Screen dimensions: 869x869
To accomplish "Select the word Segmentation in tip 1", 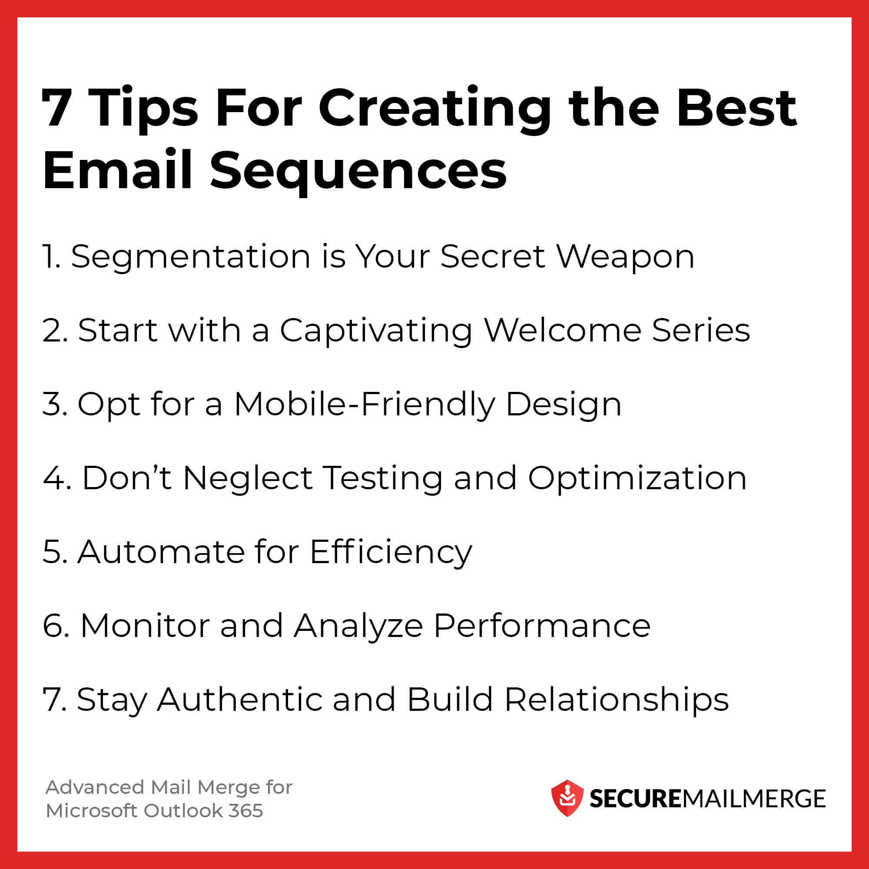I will (x=191, y=257).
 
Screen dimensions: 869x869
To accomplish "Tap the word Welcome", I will (x=563, y=331).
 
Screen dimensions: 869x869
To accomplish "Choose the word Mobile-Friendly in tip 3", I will (x=365, y=405).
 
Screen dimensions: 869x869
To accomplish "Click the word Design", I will (x=564, y=405).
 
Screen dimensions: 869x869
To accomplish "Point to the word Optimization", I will (x=637, y=478).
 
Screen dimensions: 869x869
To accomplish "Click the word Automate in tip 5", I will (x=161, y=551).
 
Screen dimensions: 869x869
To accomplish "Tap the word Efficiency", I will (x=391, y=552).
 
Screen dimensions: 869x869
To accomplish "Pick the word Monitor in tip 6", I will (x=145, y=625).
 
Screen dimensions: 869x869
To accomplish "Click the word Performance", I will (x=541, y=625).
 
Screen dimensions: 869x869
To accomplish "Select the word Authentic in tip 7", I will (x=239, y=700).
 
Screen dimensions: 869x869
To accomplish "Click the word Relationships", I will (x=616, y=700).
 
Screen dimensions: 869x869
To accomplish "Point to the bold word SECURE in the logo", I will (x=635, y=799).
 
